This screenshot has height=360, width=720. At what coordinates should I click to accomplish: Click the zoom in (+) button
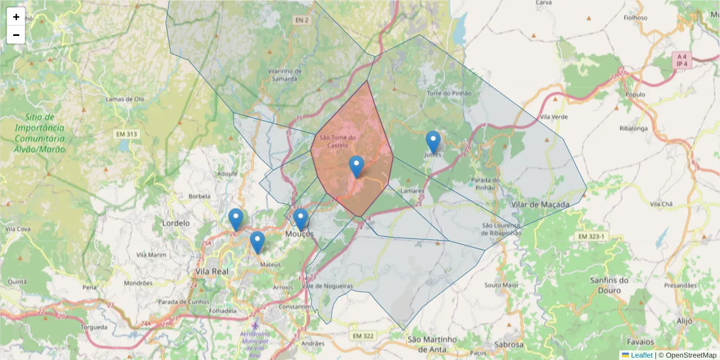tap(16, 17)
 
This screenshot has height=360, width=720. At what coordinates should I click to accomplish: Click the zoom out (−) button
tap(16, 35)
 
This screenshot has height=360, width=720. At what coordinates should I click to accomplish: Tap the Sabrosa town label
tap(509, 345)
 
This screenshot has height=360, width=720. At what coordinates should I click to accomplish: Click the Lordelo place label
tap(176, 223)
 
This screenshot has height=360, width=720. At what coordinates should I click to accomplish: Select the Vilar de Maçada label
tap(540, 205)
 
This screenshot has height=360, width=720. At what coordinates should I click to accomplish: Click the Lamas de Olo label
tap(125, 99)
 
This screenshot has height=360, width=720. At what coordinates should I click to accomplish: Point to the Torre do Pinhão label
tap(449, 94)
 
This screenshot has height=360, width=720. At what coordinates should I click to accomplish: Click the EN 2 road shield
tap(301, 20)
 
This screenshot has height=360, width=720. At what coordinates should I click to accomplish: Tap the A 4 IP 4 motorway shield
tap(681, 60)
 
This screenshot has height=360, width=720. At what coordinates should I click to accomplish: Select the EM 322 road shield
tap(363, 335)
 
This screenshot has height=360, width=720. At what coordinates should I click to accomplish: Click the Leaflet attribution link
tap(641, 355)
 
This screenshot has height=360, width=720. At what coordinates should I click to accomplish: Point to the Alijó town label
tap(684, 321)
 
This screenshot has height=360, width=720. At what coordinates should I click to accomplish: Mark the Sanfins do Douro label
tap(609, 285)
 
